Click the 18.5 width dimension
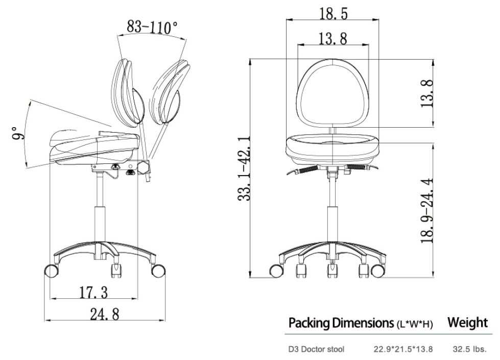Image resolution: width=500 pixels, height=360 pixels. (x=333, y=13)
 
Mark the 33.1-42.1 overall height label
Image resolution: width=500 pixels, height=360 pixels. (x=244, y=169)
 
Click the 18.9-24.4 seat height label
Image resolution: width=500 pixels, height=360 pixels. (x=428, y=210)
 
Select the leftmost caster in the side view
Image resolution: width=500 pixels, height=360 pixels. (x=52, y=270)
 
